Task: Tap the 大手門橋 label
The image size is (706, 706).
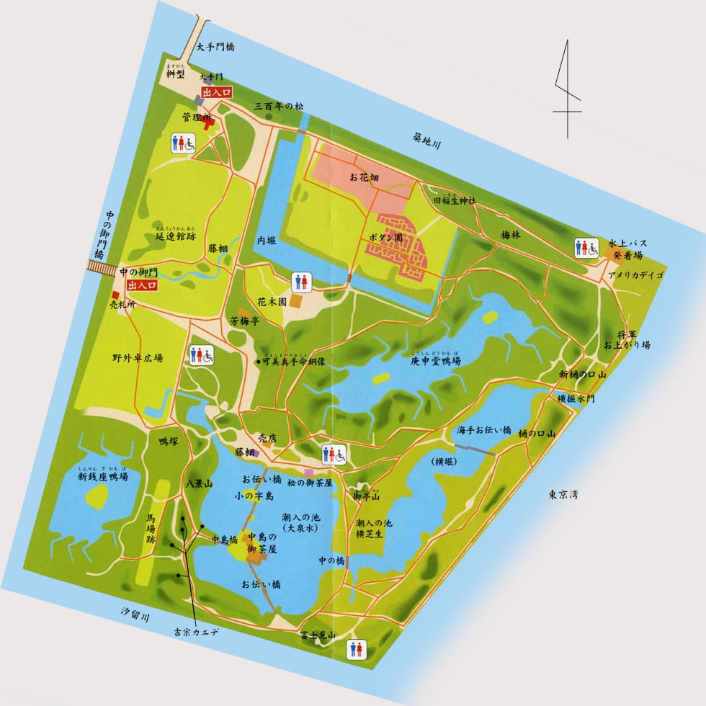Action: pyautogui.click(x=217, y=48)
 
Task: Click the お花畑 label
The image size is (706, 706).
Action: pyautogui.click(x=364, y=176)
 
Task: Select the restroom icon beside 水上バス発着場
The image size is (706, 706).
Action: pyautogui.click(x=586, y=249)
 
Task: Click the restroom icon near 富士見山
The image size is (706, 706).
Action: pyautogui.click(x=355, y=648)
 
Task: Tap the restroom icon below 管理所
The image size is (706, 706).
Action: pyautogui.click(x=184, y=143)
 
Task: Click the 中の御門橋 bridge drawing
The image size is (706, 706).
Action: pyautogui.click(x=102, y=267)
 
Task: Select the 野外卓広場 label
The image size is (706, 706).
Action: pyautogui.click(x=137, y=357)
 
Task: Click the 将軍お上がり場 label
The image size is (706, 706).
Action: pyautogui.click(x=627, y=339)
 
